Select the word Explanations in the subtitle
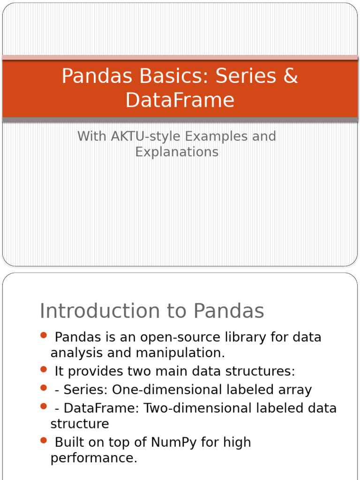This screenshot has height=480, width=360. (177, 152)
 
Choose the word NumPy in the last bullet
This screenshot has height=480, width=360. (174, 442)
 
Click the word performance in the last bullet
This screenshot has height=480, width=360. (94, 457)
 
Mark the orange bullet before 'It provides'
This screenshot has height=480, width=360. (44, 369)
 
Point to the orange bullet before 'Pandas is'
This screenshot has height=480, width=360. (44, 335)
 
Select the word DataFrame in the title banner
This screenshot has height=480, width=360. (180, 100)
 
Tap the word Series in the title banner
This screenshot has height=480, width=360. (246, 76)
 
